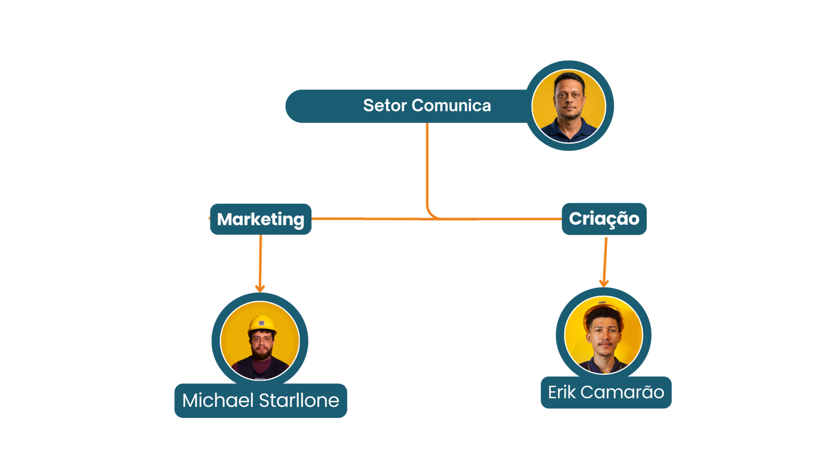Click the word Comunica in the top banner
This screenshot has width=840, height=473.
point(451,106)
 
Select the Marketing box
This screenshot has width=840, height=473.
point(260,219)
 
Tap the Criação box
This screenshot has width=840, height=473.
point(604,219)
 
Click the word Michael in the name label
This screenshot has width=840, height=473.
point(218,400)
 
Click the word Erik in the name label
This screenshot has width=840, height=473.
point(561,392)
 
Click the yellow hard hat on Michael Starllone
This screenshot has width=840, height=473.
point(261,324)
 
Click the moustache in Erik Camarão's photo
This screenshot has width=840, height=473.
point(605,343)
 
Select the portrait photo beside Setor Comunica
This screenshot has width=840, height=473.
point(569,106)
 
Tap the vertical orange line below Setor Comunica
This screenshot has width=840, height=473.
point(427,163)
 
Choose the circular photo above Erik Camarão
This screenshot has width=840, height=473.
point(603,334)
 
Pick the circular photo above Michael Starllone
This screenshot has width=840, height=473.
point(260,341)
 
